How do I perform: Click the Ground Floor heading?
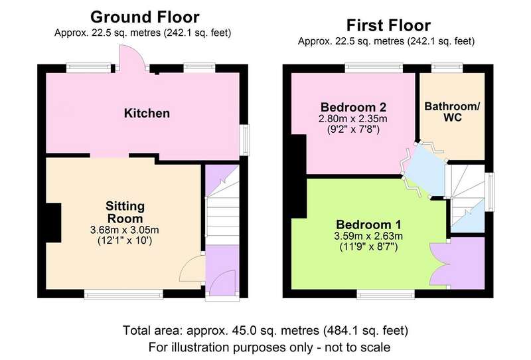pyautogui.click(x=145, y=17)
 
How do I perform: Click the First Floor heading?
pyautogui.click(x=388, y=25)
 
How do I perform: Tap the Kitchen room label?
pyautogui.click(x=147, y=113)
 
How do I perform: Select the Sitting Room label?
pyautogui.click(x=125, y=212)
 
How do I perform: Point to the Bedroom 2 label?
pyautogui.click(x=353, y=107)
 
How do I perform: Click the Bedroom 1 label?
pyautogui.click(x=368, y=225)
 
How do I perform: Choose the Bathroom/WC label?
pyautogui.click(x=452, y=112)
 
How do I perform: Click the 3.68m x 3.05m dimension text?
pyautogui.click(x=125, y=230)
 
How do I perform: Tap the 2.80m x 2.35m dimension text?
pyautogui.click(x=353, y=119)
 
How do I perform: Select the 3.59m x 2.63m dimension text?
pyautogui.click(x=368, y=236)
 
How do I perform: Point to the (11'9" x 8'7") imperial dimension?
pyautogui.click(x=368, y=247)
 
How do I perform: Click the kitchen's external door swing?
pyautogui.click(x=132, y=58)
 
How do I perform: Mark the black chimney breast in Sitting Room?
pyautogui.click(x=53, y=223)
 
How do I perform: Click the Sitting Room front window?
pyautogui.click(x=123, y=295)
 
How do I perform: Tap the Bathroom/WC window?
pyautogui.click(x=447, y=68)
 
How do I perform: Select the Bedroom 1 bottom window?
pyautogui.click(x=386, y=295)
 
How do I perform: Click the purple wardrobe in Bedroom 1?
pyautogui.click(x=458, y=263)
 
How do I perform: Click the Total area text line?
pyautogui.click(x=265, y=331)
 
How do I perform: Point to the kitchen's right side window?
pyautogui.click(x=244, y=140)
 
